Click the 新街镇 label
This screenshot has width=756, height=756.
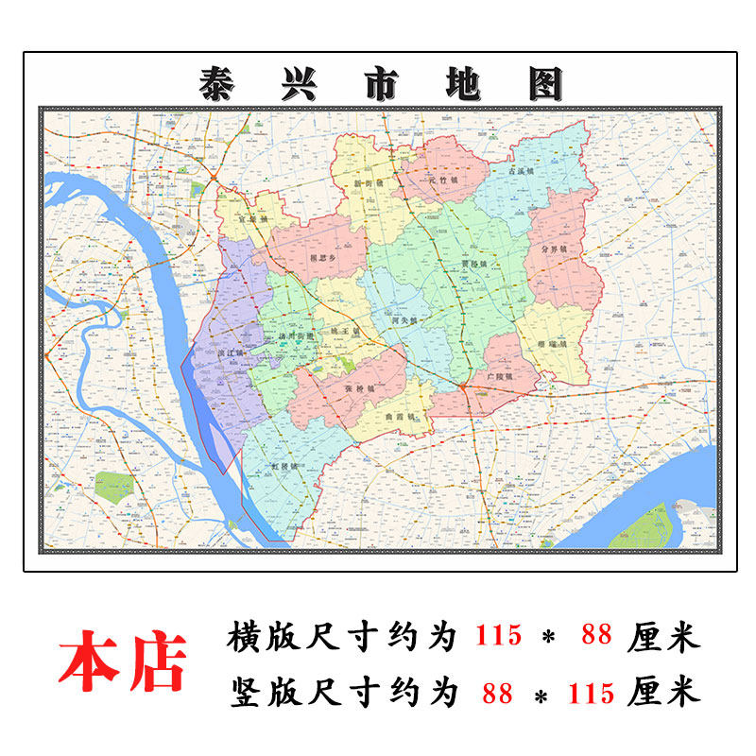[x=367, y=182]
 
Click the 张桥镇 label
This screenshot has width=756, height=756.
[x=359, y=389]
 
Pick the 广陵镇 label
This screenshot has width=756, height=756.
[x=497, y=376]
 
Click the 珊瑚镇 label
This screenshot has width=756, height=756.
[x=551, y=345]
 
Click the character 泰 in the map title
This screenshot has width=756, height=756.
[x=219, y=84]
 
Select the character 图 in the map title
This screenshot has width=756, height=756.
[x=544, y=84]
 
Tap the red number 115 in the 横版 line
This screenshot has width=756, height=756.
[x=497, y=636]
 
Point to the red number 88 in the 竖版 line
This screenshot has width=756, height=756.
[x=497, y=693]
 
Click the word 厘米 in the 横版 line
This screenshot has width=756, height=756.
[x=663, y=636]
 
